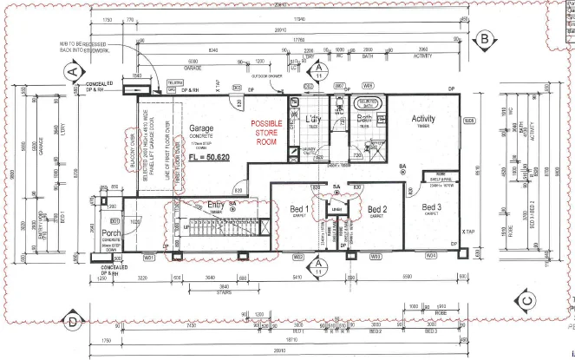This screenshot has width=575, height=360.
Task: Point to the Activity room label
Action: click(x=424, y=120)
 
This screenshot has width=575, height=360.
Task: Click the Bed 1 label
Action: click(x=299, y=209)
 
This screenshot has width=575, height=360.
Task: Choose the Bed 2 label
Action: click(x=376, y=209)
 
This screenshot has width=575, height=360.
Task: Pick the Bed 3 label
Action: click(x=431, y=207)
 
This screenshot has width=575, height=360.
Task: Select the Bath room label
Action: click(x=364, y=119)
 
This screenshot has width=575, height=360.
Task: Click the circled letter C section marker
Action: click(x=526, y=302)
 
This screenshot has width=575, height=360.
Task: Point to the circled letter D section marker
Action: click(x=75, y=321)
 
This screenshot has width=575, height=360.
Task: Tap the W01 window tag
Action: click(x=148, y=257)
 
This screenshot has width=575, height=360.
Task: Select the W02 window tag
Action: click(x=297, y=257)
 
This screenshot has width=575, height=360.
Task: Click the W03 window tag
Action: click(x=376, y=257)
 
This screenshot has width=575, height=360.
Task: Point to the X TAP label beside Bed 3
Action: click(x=469, y=232)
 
